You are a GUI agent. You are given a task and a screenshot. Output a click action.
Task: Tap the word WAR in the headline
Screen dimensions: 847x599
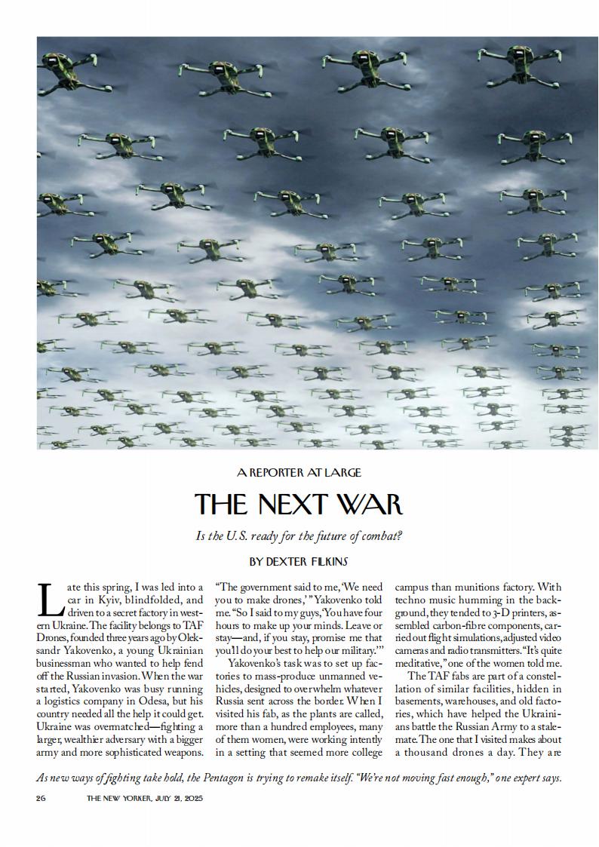[x=368, y=504]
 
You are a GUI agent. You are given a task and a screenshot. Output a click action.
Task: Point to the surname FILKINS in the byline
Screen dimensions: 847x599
[x=326, y=562]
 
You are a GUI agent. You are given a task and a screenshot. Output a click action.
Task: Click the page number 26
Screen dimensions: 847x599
[x=41, y=798]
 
